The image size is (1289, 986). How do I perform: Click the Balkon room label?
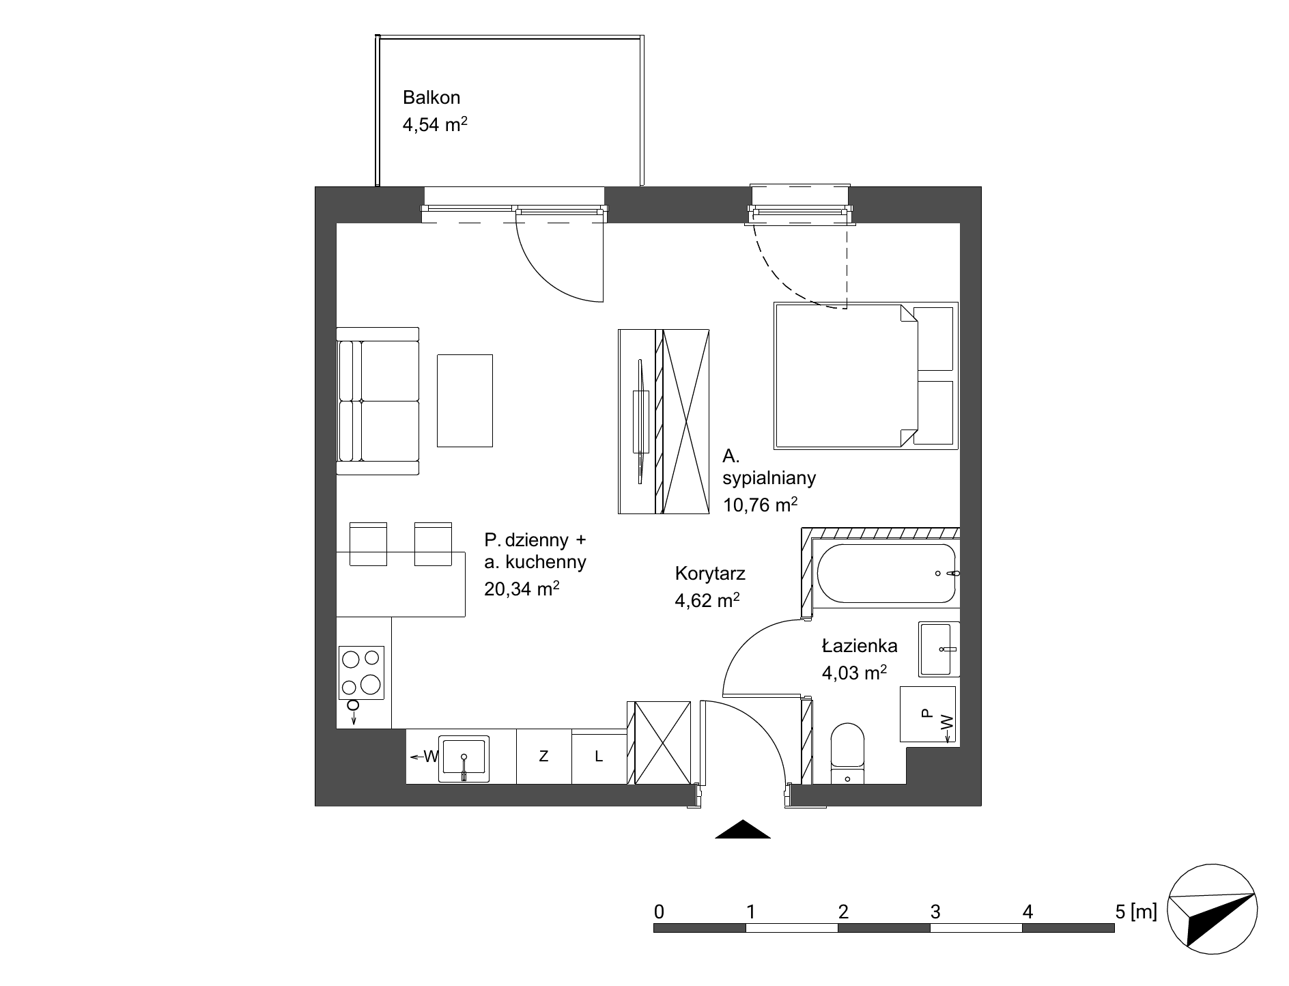tap(431, 98)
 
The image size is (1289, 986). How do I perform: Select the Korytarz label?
tap(710, 574)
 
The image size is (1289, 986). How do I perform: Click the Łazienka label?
tap(860, 645)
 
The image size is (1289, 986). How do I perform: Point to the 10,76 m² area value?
tap(761, 505)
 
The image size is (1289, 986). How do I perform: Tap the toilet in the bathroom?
tap(848, 753)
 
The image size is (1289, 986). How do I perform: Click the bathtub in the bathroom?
tap(885, 574)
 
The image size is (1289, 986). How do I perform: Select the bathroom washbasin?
tap(939, 649)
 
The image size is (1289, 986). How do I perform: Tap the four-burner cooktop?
tap(362, 673)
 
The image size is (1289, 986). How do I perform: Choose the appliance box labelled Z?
tap(543, 757)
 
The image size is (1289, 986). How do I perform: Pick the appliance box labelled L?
tap(599, 757)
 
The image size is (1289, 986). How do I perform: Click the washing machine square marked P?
tap(928, 714)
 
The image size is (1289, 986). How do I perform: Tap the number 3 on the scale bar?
tap(935, 912)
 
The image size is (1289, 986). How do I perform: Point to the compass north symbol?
tap(1213, 908)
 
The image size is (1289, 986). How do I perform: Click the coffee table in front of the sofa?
tap(465, 401)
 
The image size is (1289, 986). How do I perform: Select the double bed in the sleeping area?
tap(866, 376)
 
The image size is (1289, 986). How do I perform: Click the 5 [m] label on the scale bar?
tap(1135, 912)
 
